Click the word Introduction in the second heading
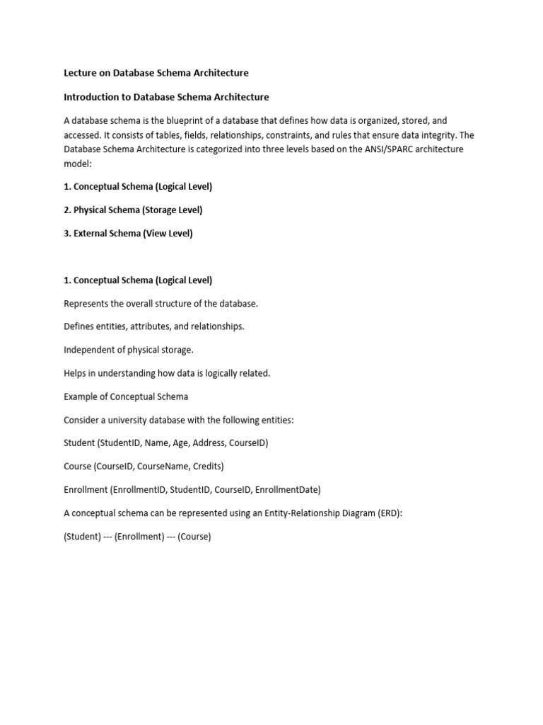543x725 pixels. [x=92, y=96]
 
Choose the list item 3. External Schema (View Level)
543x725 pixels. [x=128, y=233]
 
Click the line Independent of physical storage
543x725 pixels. [x=128, y=350]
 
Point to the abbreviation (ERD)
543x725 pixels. [x=387, y=513]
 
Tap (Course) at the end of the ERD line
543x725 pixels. [x=194, y=537]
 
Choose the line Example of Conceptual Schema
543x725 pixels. [x=126, y=396]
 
